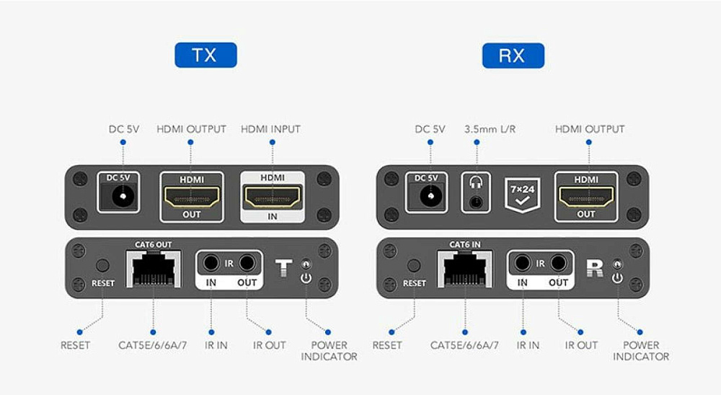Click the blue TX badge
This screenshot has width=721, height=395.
[205, 56]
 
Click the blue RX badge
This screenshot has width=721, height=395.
[513, 56]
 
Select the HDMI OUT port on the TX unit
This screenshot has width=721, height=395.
[192, 197]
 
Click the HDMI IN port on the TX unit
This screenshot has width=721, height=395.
[273, 196]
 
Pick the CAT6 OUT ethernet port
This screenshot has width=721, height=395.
[153, 269]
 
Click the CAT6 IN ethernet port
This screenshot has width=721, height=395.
[464, 269]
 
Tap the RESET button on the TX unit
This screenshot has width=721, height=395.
[102, 265]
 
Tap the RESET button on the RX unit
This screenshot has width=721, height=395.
[414, 265]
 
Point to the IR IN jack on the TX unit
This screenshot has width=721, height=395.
[211, 264]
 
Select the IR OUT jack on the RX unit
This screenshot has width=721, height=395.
[558, 264]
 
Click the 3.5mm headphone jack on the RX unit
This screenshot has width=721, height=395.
[476, 201]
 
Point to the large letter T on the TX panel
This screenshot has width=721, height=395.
[283, 267]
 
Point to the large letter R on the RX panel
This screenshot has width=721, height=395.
[595, 267]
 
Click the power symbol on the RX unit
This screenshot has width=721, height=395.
[617, 278]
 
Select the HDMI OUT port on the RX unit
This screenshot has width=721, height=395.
[586, 197]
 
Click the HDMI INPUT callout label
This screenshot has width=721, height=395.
[271, 129]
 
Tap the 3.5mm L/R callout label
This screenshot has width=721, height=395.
[490, 129]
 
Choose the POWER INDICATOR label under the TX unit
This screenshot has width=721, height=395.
[329, 351]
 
